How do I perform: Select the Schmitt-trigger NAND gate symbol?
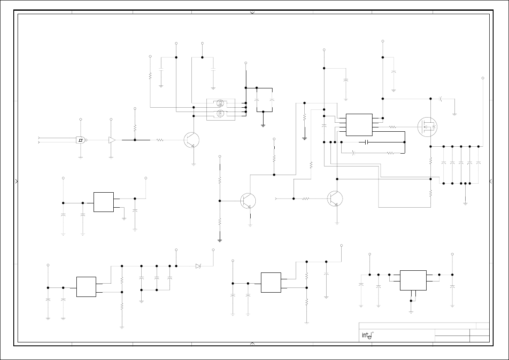pos(81,140)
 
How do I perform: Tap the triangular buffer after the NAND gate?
pos(112,140)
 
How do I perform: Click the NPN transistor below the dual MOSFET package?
pos(191,140)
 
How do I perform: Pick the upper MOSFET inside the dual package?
pos(220,103)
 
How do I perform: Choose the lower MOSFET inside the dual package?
pos(220,114)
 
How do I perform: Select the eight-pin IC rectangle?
pos(359,124)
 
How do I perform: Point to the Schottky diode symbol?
pos(198,266)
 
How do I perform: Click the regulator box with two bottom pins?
pos(413,280)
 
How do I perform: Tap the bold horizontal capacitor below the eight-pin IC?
pos(366,142)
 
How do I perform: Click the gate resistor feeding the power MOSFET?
pos(392,127)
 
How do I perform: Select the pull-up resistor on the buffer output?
pos(135,128)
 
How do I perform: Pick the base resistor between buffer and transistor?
pos(160,140)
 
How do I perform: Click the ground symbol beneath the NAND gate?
pos(81,157)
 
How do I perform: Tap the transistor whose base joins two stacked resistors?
pos(248,201)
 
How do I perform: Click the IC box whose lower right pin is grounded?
pos(103,202)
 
